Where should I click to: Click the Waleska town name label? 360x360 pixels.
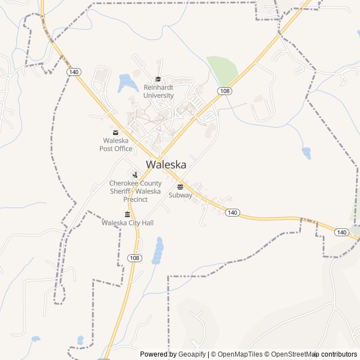166,164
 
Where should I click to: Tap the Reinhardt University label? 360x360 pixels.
159,92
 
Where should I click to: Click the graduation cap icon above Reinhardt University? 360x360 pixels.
158,79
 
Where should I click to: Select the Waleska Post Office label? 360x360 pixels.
116,145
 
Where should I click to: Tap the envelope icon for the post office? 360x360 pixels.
116,132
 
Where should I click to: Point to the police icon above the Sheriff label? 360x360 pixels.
135,174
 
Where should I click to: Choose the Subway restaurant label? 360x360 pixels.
181,196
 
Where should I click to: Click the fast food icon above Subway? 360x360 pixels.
181,186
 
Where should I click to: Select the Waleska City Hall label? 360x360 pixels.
127,223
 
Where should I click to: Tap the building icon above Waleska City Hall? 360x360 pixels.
127,214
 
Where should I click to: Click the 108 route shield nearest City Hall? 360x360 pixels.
134,258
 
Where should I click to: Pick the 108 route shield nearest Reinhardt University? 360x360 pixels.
225,91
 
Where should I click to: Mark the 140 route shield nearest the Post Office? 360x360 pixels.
73,72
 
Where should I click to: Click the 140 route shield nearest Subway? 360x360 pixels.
233,212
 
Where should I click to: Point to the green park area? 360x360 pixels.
222,69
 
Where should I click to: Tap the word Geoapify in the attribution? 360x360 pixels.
192,354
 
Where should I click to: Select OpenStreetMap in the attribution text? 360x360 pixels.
295,354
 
